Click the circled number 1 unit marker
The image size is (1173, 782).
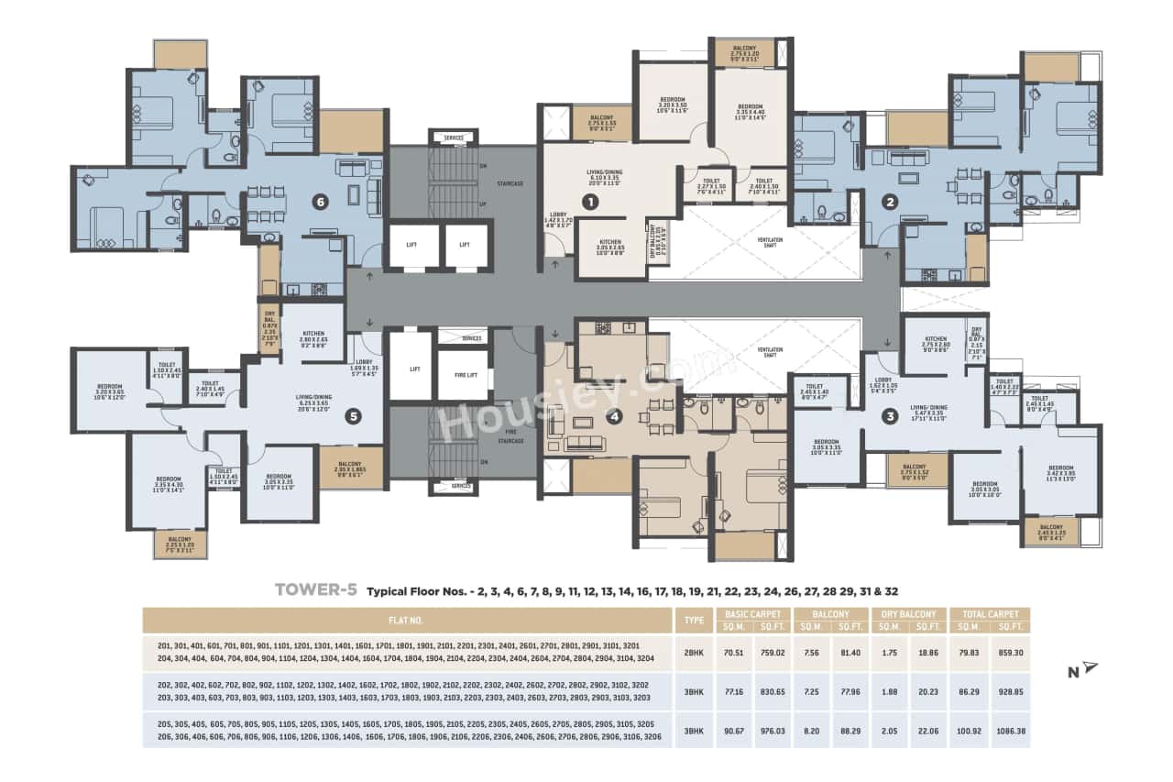[591, 201]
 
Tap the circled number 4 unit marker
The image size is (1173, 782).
[615, 416]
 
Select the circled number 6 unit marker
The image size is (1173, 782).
[321, 203]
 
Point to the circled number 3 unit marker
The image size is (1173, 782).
[888, 416]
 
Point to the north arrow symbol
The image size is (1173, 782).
[1088, 667]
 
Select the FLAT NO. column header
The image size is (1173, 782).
[409, 620]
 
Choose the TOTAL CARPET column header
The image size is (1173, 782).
[989, 613]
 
